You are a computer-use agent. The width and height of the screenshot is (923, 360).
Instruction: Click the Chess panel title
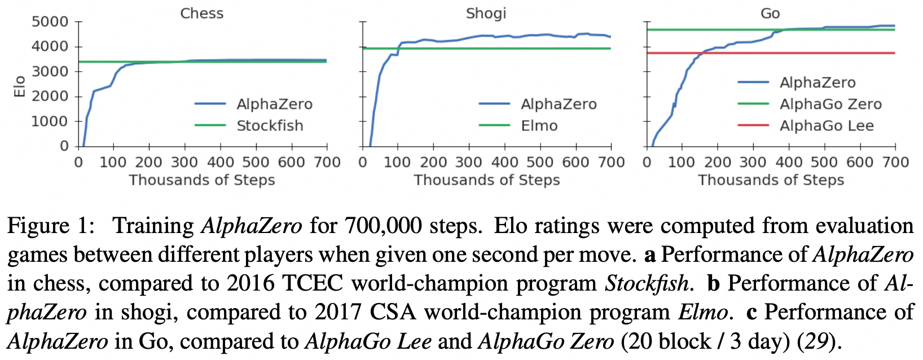point(201,14)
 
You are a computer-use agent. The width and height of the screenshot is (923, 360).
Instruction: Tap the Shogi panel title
point(486,14)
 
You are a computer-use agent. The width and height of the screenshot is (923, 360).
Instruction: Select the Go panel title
point(770,14)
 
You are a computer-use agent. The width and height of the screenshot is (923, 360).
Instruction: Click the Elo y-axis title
point(20,86)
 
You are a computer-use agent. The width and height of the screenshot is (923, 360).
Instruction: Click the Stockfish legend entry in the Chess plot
point(270,126)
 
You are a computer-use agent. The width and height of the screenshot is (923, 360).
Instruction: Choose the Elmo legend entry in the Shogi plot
point(539,126)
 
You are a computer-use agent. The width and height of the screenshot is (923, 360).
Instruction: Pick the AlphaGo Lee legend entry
point(827,126)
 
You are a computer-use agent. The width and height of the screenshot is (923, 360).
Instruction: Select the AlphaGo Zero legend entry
point(830,104)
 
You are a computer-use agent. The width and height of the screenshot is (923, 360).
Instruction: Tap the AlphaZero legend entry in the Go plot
point(817,83)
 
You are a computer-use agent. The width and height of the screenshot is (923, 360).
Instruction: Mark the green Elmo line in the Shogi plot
point(508,49)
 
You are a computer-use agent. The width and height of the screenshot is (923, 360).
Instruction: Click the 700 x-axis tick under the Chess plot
point(327,163)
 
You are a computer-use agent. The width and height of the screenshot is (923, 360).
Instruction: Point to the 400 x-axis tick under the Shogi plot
point(504,163)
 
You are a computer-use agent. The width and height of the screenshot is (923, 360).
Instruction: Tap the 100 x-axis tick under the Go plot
point(682,163)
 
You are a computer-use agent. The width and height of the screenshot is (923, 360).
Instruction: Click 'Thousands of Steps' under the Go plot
point(771,180)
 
